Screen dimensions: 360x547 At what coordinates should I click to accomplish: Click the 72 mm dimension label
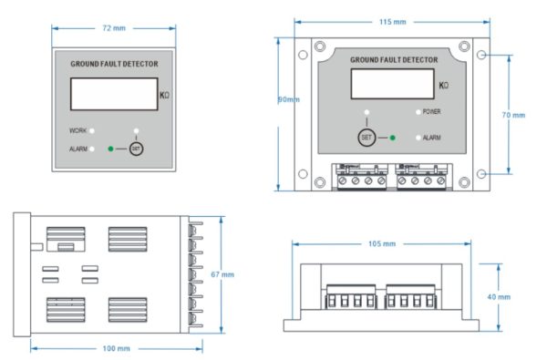[x=114, y=28]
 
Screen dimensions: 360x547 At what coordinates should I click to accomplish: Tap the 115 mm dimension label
[x=394, y=21]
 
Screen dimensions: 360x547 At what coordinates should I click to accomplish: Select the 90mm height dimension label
[x=289, y=99]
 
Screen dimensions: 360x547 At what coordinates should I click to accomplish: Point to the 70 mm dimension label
[x=513, y=115]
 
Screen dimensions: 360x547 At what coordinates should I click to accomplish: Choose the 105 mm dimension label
[x=382, y=243]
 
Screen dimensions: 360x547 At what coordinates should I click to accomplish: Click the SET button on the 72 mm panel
[x=136, y=148]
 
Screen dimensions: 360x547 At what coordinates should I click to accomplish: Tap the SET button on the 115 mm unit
[x=366, y=138]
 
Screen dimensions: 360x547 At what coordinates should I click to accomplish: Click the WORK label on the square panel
[x=78, y=131]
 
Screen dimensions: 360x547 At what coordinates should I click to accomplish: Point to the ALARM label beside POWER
[x=432, y=138]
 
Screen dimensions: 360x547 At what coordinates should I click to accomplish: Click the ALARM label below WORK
[x=78, y=148]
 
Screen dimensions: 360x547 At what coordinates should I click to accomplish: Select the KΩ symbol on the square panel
[x=164, y=95]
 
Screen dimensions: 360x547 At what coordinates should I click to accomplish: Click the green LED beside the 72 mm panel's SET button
[x=110, y=148]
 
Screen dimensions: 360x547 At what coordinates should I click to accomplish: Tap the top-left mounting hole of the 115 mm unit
[x=317, y=46]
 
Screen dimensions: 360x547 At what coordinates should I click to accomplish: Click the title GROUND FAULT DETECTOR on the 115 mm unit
[x=394, y=60]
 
